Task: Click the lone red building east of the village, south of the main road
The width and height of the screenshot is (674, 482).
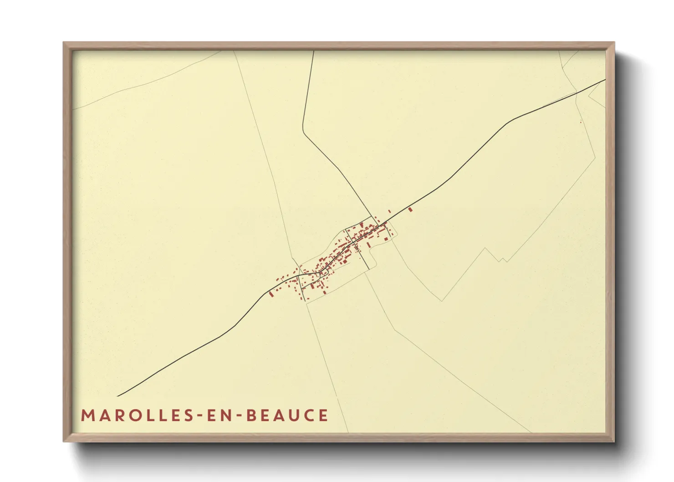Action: [x=410, y=210]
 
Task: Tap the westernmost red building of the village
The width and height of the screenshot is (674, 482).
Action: [x=271, y=294]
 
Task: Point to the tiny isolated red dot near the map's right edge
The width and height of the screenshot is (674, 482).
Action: [x=581, y=122]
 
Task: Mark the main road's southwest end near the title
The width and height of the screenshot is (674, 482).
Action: [x=118, y=396]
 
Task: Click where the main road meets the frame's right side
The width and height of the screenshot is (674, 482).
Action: [x=605, y=80]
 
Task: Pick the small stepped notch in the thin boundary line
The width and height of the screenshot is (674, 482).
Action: [x=502, y=260]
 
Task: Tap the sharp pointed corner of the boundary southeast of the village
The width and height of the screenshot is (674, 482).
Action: [x=441, y=301]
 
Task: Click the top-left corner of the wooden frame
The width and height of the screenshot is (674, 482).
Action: [x=64, y=43]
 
